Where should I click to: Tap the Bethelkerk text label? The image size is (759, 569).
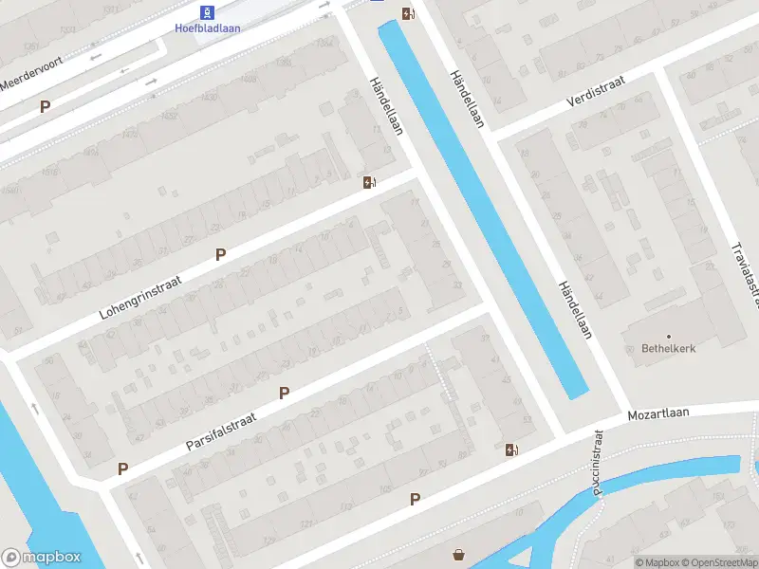pyautogui.click(x=669, y=349)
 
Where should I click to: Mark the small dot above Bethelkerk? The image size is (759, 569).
pyautogui.click(x=669, y=336)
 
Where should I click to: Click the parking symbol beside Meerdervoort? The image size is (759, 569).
pyautogui.click(x=45, y=107)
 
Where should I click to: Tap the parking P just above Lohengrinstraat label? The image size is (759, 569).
pyautogui.click(x=221, y=254)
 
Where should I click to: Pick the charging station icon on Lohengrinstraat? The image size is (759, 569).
pyautogui.click(x=368, y=182)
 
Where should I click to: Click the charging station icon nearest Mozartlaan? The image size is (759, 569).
pyautogui.click(x=511, y=450)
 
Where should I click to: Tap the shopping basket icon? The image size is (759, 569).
pyautogui.click(x=460, y=556)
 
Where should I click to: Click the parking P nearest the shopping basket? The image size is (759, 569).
pyautogui.click(x=415, y=499)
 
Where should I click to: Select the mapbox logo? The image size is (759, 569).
pyautogui.click(x=42, y=558)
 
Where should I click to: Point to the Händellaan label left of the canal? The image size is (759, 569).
pyautogui.click(x=386, y=106)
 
